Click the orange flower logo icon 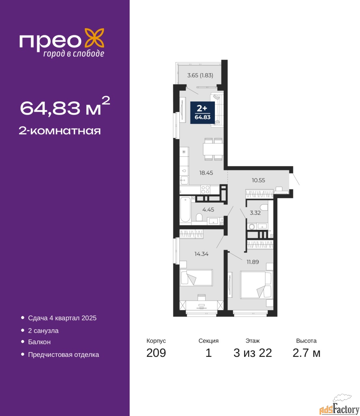click(x=94, y=38)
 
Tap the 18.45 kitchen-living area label click(x=206, y=173)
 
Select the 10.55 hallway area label click(x=258, y=180)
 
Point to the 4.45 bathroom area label click(x=208, y=210)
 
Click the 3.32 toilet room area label click(x=255, y=213)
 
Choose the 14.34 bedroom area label click(x=201, y=254)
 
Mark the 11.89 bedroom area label click(x=253, y=262)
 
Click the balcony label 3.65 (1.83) click(x=200, y=75)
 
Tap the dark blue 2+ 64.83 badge click(x=203, y=113)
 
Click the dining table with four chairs click(x=213, y=149)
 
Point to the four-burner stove click(x=205, y=189)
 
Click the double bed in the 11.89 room click(x=256, y=285)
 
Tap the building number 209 click(x=156, y=353)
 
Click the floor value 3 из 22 click(x=253, y=353)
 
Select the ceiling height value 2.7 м click(x=306, y=353)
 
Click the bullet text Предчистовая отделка click(x=64, y=355)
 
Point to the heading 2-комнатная click(x=60, y=131)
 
